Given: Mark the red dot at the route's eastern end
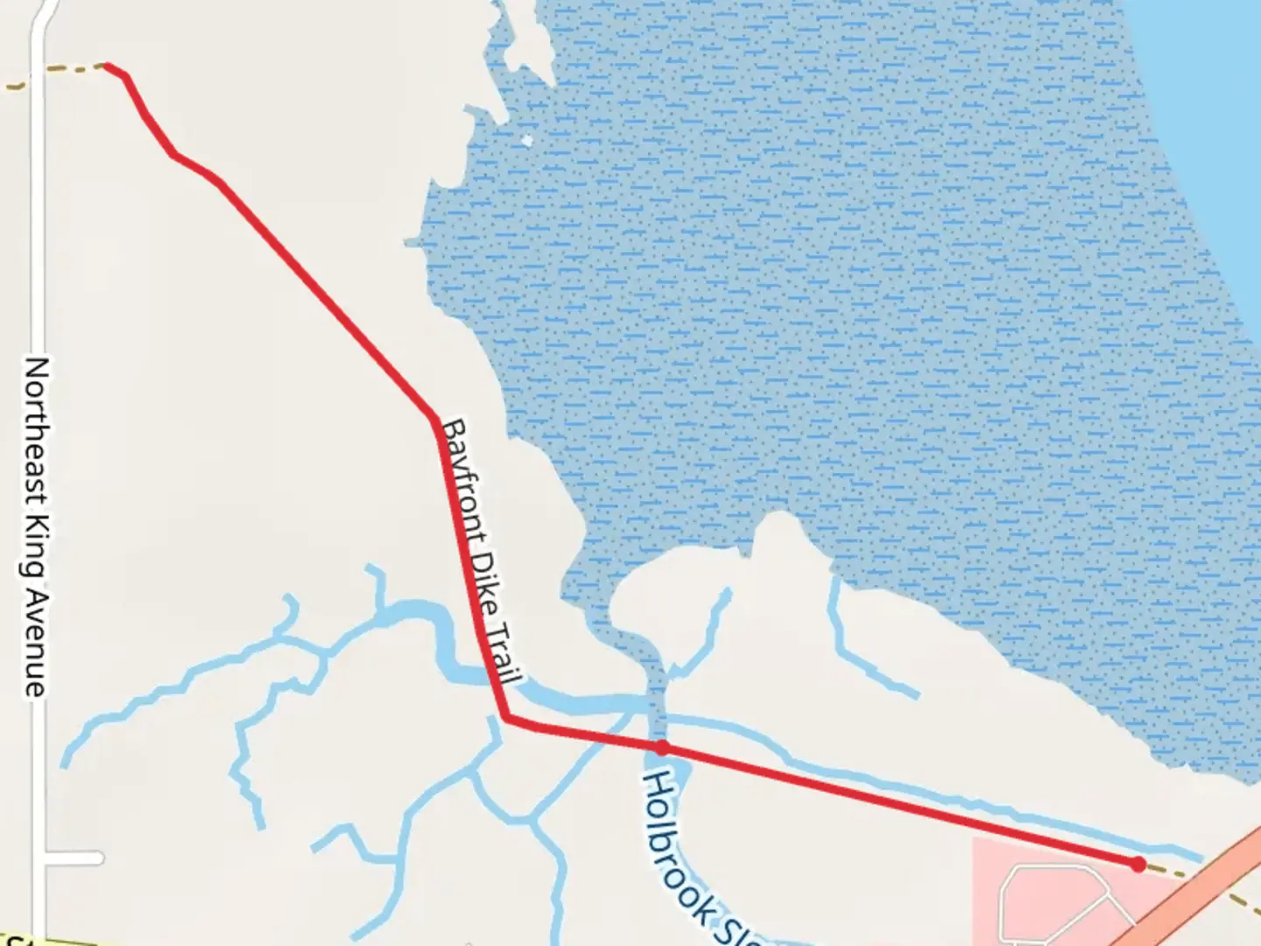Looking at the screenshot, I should (x=1138, y=865).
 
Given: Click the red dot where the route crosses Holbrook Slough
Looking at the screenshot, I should (x=662, y=747).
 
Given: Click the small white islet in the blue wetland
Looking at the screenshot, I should (x=526, y=140).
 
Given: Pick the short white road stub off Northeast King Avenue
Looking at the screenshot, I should (x=74, y=858).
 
